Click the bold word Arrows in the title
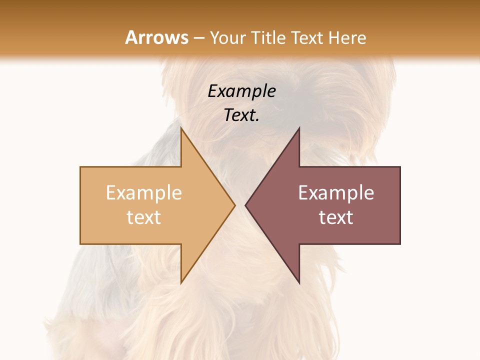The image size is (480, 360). coord(156,38)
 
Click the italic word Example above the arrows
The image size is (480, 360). coord(241,91)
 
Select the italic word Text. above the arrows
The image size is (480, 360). coord(241,115)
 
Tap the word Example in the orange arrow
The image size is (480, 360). coord(143,193)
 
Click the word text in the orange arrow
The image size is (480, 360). coord(143,217)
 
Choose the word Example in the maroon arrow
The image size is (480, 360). coord(336,193)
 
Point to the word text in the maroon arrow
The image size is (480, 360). coord(336,217)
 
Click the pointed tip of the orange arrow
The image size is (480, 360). coord(234,205)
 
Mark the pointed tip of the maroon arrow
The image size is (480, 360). coord(246,205)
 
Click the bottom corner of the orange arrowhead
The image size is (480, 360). coord(181,283)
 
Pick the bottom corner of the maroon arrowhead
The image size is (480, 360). coord(299,283)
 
